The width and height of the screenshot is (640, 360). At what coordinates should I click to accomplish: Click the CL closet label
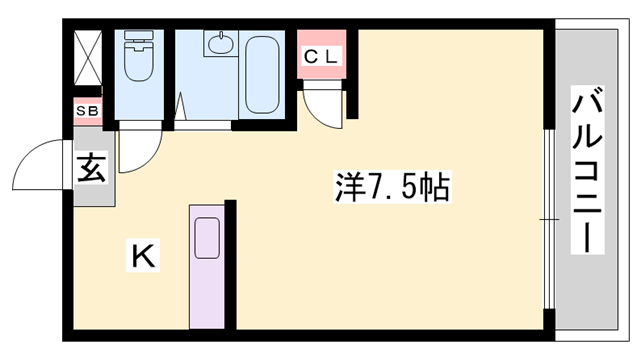point(322,58)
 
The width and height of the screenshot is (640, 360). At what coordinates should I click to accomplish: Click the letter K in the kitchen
point(142,258)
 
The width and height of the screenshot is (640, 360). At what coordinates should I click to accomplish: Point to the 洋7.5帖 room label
point(389,189)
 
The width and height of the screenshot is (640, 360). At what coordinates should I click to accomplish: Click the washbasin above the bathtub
point(218,45)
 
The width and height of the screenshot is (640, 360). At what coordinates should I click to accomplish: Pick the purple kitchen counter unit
point(208,266)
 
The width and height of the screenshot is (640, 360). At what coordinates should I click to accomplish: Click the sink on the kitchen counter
point(208,238)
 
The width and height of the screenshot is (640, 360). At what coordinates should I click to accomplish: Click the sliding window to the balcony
point(547,218)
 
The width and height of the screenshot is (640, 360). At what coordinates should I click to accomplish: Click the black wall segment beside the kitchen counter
point(230,265)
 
